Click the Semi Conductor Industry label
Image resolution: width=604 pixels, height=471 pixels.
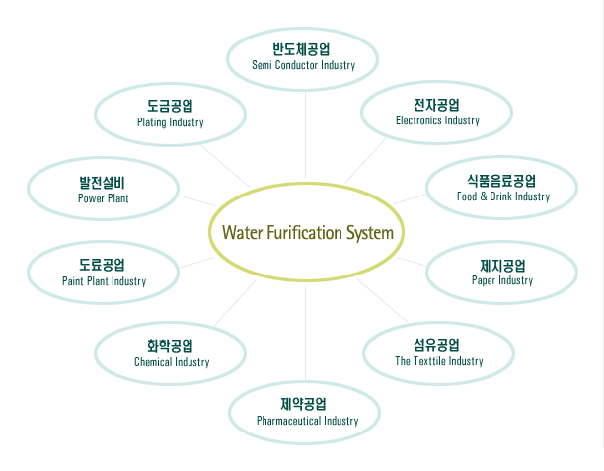pyautogui.click(x=303, y=65)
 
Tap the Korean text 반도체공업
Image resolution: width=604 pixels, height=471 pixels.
pyautogui.click(x=302, y=48)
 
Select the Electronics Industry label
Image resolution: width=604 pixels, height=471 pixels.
pyautogui.click(x=437, y=120)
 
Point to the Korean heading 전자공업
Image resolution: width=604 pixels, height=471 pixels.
pyautogui.click(x=437, y=104)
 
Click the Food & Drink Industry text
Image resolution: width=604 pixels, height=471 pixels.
pyautogui.click(x=503, y=196)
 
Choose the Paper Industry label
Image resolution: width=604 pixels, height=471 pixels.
pyautogui.click(x=502, y=280)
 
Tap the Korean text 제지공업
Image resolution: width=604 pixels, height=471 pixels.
pyautogui.click(x=502, y=265)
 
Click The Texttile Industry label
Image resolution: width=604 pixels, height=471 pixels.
pyautogui.click(x=439, y=361)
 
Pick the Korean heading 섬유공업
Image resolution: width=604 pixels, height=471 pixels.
pyautogui.click(x=437, y=345)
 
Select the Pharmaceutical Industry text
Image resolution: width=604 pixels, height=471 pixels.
pyautogui.click(x=307, y=421)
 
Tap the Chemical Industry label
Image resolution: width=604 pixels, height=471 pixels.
pyautogui.click(x=172, y=362)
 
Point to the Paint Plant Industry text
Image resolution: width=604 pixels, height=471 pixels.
pyautogui.click(x=104, y=281)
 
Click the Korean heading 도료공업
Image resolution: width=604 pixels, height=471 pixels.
pyautogui.click(x=103, y=265)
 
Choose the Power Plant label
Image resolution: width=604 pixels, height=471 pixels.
pyautogui.click(x=104, y=198)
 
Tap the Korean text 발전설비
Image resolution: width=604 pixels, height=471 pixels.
pyautogui.click(x=103, y=182)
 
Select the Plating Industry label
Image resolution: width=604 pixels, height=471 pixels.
pyautogui.click(x=171, y=122)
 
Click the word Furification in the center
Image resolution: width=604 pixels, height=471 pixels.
pyautogui.click(x=300, y=234)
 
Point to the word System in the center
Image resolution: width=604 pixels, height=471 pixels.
pyautogui.click(x=367, y=234)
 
